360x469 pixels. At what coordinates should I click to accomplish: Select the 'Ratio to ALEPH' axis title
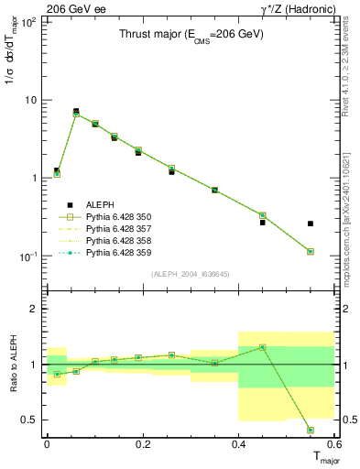coord(14,365)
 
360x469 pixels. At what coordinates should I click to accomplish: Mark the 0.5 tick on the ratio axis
coord(31,420)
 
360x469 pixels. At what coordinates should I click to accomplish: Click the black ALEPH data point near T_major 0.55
coord(311,224)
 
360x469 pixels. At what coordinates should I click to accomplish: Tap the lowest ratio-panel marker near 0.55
coord(311,430)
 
